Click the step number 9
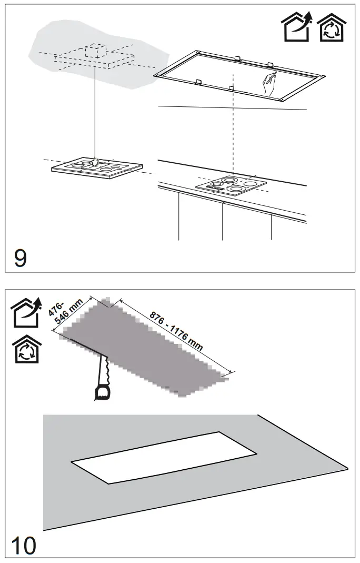[20, 258]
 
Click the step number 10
[24, 546]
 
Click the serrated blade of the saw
[103, 367]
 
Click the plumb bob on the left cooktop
[95, 161]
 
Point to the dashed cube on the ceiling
[95, 51]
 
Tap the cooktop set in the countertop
[230, 186]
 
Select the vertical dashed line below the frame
[233, 132]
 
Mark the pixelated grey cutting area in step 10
[142, 348]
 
